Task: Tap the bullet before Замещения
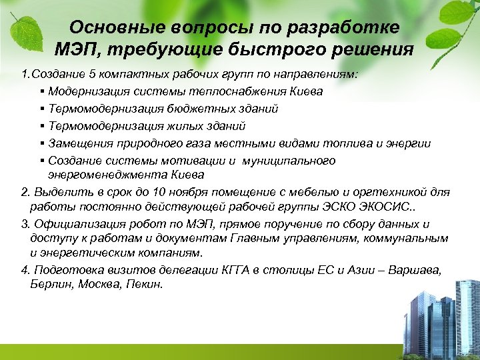42,143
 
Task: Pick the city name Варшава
419,269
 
